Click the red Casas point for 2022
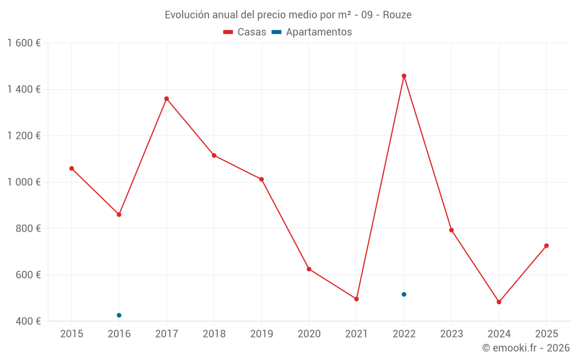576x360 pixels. click(404, 76)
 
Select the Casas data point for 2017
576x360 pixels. click(166, 98)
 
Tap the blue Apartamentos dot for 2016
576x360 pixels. click(119, 315)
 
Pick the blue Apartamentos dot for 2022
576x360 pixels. click(404, 294)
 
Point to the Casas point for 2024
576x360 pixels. click(499, 302)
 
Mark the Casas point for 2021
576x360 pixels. click(357, 299)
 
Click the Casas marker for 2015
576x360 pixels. click(71, 168)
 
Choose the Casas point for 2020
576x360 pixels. click(309, 269)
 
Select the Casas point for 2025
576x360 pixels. click(546, 246)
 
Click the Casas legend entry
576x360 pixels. click(245, 32)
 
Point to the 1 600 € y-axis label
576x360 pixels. click(24, 43)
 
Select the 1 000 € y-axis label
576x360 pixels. click(24, 182)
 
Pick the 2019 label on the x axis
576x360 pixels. click(262, 334)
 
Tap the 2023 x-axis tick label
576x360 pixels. click(451, 334)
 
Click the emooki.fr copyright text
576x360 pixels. click(525, 348)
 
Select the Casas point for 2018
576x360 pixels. click(214, 155)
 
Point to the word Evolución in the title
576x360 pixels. click(185, 15)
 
